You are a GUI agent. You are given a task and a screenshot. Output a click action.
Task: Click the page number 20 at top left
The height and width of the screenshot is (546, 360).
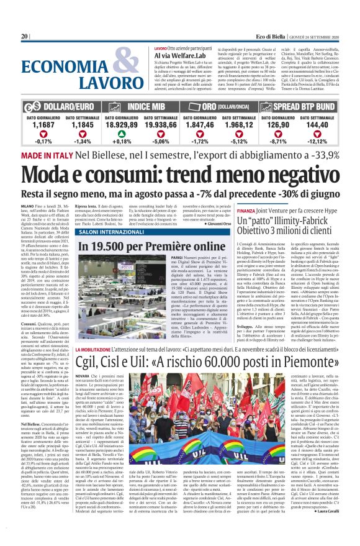click(x=25, y=37)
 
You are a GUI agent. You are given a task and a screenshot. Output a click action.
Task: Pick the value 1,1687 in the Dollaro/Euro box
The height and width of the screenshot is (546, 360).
click(x=43, y=125)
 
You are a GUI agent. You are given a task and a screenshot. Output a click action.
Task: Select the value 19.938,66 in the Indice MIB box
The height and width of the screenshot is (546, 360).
click(x=163, y=125)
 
